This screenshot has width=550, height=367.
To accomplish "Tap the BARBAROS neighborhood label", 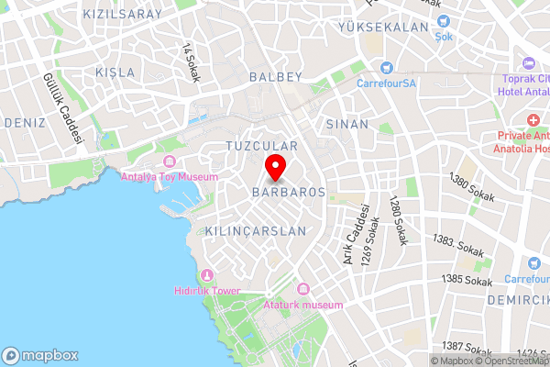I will (x=289, y=193).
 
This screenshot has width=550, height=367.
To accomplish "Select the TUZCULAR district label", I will (x=262, y=147).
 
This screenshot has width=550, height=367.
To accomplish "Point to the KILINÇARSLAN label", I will (x=256, y=231).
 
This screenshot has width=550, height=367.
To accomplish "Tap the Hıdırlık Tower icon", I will (x=206, y=275).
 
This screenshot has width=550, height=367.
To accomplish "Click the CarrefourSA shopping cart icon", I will (x=387, y=68).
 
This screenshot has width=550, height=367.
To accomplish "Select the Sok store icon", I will (x=444, y=21).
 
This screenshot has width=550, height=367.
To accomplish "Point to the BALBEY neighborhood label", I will (x=275, y=78).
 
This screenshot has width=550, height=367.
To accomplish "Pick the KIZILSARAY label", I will (x=122, y=14).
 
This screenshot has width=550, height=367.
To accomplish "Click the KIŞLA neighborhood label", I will (x=115, y=72).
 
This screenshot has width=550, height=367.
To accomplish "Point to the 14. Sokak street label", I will (x=191, y=62).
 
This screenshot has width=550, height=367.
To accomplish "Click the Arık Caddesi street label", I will (x=350, y=234).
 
